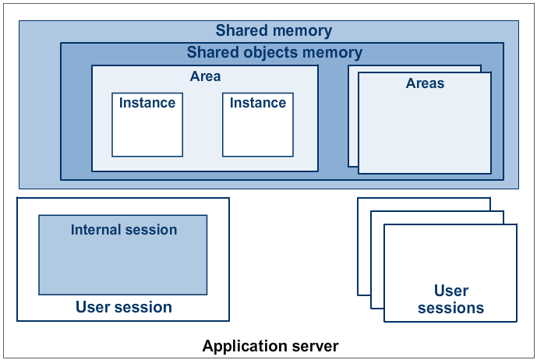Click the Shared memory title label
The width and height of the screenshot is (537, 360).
coord(274,31)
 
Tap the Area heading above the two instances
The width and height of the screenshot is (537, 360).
coord(205,76)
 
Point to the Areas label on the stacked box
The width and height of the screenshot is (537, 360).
coord(425,83)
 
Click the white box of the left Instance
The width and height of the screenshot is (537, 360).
coord(147,132)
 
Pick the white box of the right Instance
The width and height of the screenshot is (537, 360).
coord(258,132)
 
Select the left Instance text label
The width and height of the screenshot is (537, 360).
coord(147,103)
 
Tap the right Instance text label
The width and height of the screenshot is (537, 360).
coord(258,103)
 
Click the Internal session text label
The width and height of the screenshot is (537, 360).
coord(124,230)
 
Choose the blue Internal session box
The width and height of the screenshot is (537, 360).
coord(123,265)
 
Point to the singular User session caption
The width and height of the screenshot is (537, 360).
coord(123,307)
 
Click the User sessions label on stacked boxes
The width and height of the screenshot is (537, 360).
coord(450,299)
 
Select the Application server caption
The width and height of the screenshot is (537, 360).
coord(270,345)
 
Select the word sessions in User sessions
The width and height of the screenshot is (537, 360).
coord(450,308)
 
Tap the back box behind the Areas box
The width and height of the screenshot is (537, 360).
coord(352,117)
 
